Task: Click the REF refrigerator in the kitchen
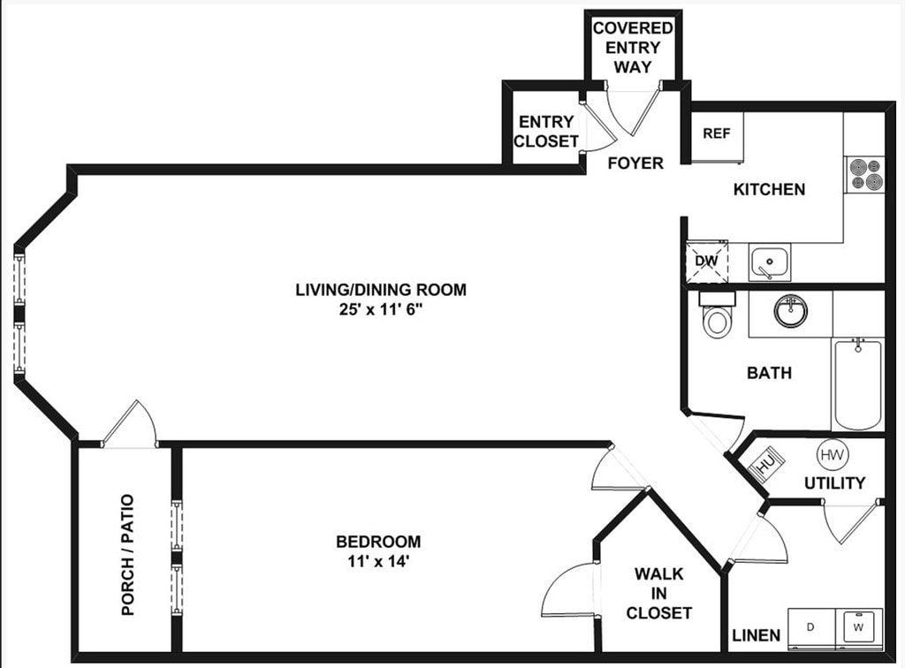pos(716,136)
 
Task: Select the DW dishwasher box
pos(706,262)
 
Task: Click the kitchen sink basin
pos(770,262)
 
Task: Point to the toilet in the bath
pos(715,315)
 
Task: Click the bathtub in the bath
pos(856,383)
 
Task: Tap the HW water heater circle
pos(831,455)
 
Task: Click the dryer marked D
pos(811,627)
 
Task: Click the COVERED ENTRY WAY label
pos(633,47)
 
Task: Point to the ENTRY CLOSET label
pos(546,132)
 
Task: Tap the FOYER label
pos(635,163)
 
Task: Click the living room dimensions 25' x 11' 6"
pos(380,310)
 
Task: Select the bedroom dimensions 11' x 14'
pos(377,560)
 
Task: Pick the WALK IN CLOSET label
pos(658,593)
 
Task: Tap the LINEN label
pos(756,635)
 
